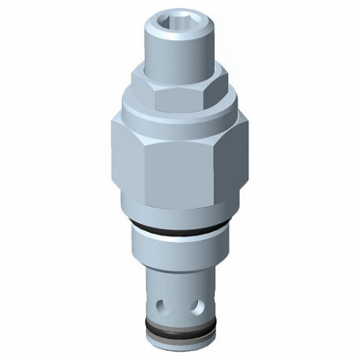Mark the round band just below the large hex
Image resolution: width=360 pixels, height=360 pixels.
(x=179, y=213)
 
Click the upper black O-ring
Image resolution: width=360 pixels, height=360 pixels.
(x=179, y=229)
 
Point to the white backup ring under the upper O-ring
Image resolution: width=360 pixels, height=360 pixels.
(x=179, y=236)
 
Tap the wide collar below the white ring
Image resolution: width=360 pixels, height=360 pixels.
(x=179, y=253)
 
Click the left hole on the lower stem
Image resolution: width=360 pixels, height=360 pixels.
(x=163, y=303)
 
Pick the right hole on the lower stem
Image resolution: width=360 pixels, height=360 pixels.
(x=198, y=303)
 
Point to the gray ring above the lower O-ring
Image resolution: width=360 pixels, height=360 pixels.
(x=179, y=321)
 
